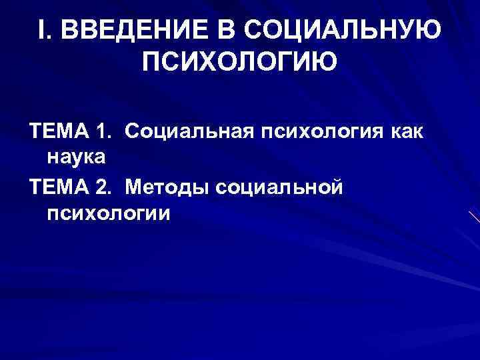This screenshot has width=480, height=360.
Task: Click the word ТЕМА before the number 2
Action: pos(60,189)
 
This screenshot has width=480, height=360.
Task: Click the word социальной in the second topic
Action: pos(280,189)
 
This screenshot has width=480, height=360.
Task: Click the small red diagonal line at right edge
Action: pos(474,216)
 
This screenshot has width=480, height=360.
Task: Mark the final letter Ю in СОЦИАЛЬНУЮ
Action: pos(429,29)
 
